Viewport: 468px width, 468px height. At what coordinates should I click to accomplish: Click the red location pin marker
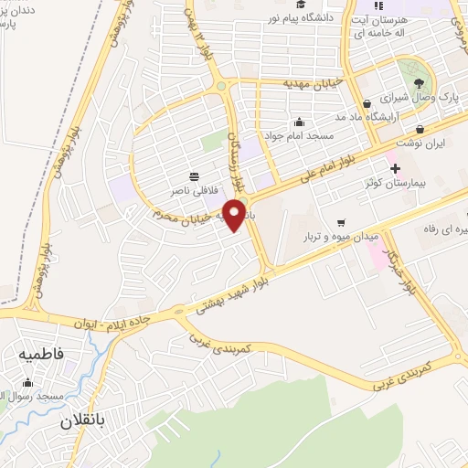237,216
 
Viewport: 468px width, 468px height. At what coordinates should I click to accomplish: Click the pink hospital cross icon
394,169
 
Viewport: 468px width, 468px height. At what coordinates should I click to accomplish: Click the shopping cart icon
341,221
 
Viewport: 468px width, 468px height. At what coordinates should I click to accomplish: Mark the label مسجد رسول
32,395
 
